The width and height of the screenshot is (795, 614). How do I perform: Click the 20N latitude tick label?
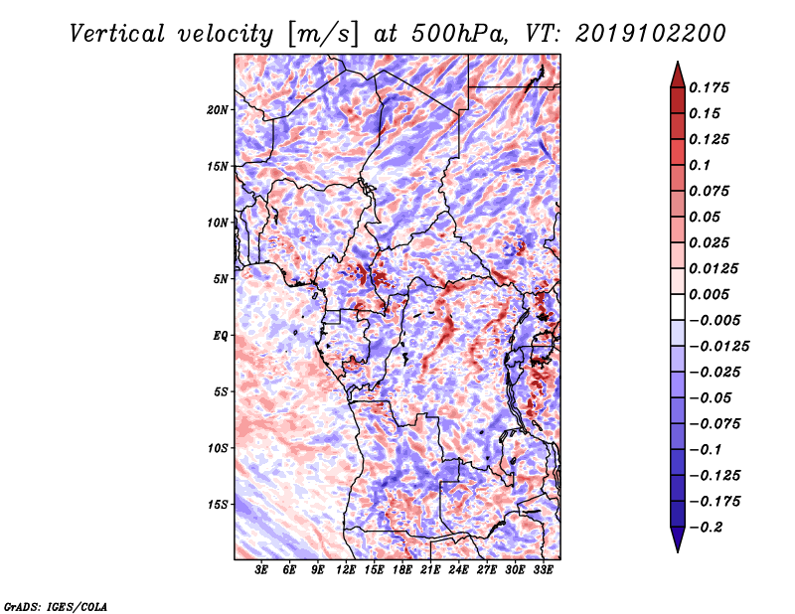click(x=219, y=109)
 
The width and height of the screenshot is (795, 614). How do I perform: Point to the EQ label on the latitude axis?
click(x=221, y=336)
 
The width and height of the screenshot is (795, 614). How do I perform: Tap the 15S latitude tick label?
click(x=219, y=505)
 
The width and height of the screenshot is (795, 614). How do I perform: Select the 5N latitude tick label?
click(x=221, y=279)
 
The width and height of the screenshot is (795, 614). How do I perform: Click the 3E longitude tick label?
click(x=261, y=571)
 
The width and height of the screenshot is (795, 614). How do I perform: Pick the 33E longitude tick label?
click(x=543, y=571)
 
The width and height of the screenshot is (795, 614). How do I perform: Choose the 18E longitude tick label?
click(x=402, y=571)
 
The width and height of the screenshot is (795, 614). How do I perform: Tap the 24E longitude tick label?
click(x=458, y=571)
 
